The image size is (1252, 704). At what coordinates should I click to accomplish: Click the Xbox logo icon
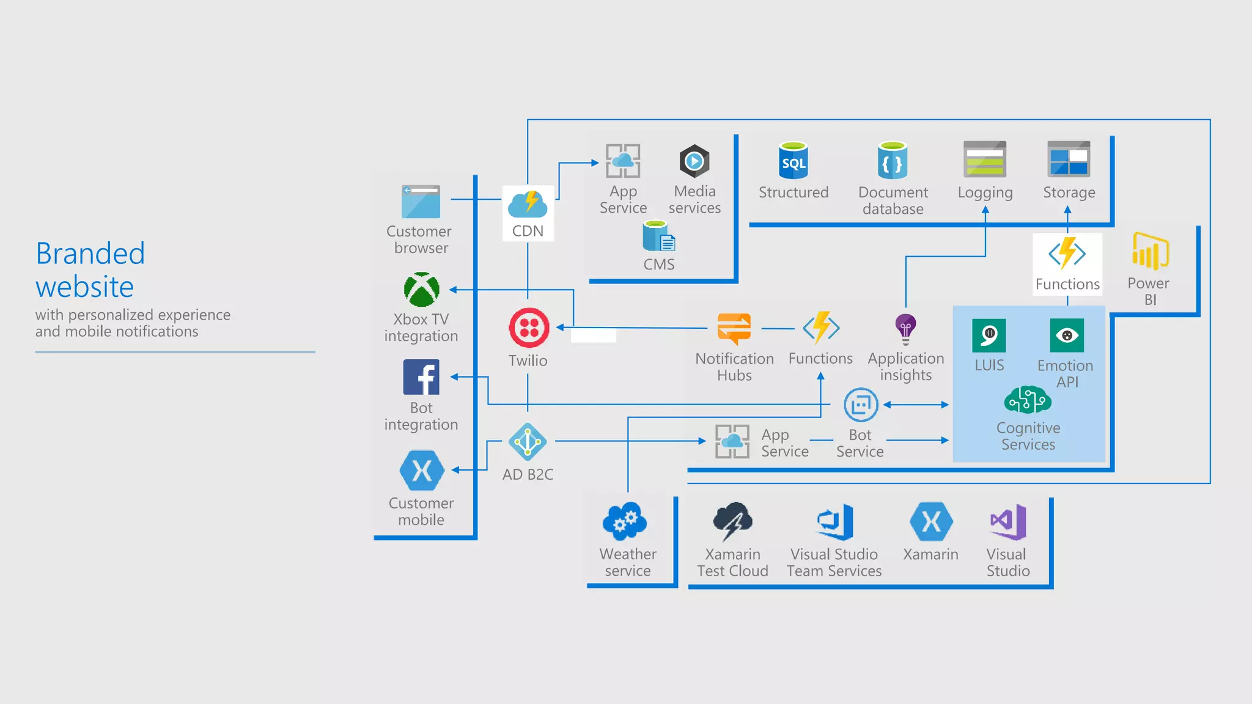(421, 290)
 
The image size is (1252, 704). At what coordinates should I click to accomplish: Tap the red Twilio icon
(529, 328)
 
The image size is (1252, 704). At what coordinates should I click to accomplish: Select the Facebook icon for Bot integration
(421, 377)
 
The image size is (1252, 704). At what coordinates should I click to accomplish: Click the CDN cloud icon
(528, 204)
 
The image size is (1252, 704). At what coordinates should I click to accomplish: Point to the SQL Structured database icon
(794, 161)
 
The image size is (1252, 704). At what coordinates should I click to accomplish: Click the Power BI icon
(1150, 251)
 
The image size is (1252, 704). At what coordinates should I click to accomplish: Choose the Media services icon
(694, 161)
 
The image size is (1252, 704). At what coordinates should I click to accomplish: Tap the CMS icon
(658, 237)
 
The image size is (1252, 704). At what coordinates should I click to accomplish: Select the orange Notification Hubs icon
(734, 328)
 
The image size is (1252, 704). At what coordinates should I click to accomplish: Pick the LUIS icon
(989, 335)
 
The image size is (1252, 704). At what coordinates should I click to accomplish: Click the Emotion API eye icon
(1067, 335)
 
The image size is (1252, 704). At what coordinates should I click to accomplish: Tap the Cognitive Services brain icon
(1028, 400)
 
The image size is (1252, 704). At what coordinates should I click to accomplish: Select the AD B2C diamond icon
(527, 441)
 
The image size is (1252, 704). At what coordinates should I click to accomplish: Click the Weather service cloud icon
(624, 521)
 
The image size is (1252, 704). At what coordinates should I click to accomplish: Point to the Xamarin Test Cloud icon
(732, 521)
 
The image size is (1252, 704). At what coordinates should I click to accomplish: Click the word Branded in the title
(90, 254)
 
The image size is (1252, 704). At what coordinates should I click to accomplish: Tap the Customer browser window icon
(421, 202)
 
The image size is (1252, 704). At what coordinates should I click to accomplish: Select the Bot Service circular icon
(861, 405)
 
